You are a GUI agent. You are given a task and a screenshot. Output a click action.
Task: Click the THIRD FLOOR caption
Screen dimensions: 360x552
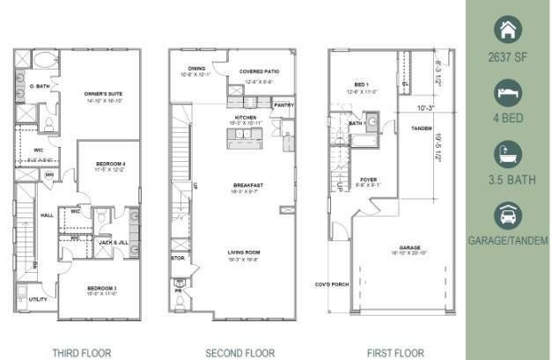81,352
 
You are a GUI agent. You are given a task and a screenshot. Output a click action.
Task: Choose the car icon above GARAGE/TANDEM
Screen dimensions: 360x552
508,215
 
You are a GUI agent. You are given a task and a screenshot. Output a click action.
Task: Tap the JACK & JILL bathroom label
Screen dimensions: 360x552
111,241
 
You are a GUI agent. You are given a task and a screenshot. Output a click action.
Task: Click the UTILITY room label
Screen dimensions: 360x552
39,299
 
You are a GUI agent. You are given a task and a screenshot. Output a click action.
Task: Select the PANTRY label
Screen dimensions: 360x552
283,105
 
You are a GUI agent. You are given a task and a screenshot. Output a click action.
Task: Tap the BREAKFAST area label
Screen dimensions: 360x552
245,186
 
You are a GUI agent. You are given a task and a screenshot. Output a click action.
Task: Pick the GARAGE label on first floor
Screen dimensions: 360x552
408,248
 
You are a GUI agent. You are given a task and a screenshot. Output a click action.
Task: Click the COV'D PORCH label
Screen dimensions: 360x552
332,284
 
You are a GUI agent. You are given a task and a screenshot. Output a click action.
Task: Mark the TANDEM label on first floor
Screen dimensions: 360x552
423,129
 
